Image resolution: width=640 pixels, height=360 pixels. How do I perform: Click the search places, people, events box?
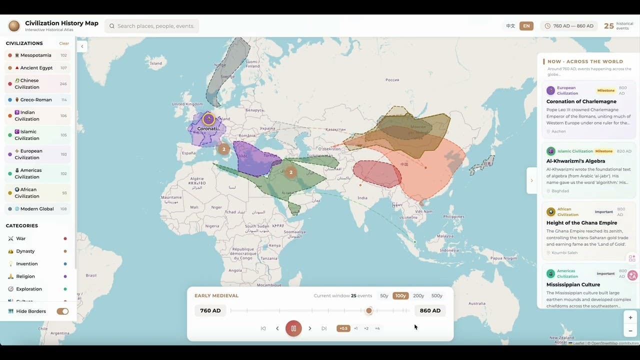[152, 26]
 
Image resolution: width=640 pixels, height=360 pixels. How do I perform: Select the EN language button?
[526, 26]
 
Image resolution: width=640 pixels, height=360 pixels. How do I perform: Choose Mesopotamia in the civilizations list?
[36, 55]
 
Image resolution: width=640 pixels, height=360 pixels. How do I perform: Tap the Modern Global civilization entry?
[37, 209]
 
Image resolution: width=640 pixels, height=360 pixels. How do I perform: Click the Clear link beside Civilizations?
[64, 43]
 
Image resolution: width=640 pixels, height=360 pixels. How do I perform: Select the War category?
[21, 238]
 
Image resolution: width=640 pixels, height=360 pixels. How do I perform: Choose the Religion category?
[25, 276]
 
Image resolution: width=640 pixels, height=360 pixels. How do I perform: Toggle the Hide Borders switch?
[62, 311]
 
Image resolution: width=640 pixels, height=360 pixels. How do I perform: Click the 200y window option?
[418, 295]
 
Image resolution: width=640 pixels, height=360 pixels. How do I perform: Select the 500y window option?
[436, 295]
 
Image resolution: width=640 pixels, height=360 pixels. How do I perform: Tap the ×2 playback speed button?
[366, 328]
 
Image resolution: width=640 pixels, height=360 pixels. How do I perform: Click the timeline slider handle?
[369, 310]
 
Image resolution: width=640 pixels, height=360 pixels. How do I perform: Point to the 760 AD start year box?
[210, 310]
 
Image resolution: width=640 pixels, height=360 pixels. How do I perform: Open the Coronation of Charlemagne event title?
[581, 101]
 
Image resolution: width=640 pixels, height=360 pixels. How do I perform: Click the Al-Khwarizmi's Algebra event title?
[575, 161]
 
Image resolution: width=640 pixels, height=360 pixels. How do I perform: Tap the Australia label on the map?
[477, 303]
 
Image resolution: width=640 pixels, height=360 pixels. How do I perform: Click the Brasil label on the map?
[91, 275]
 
